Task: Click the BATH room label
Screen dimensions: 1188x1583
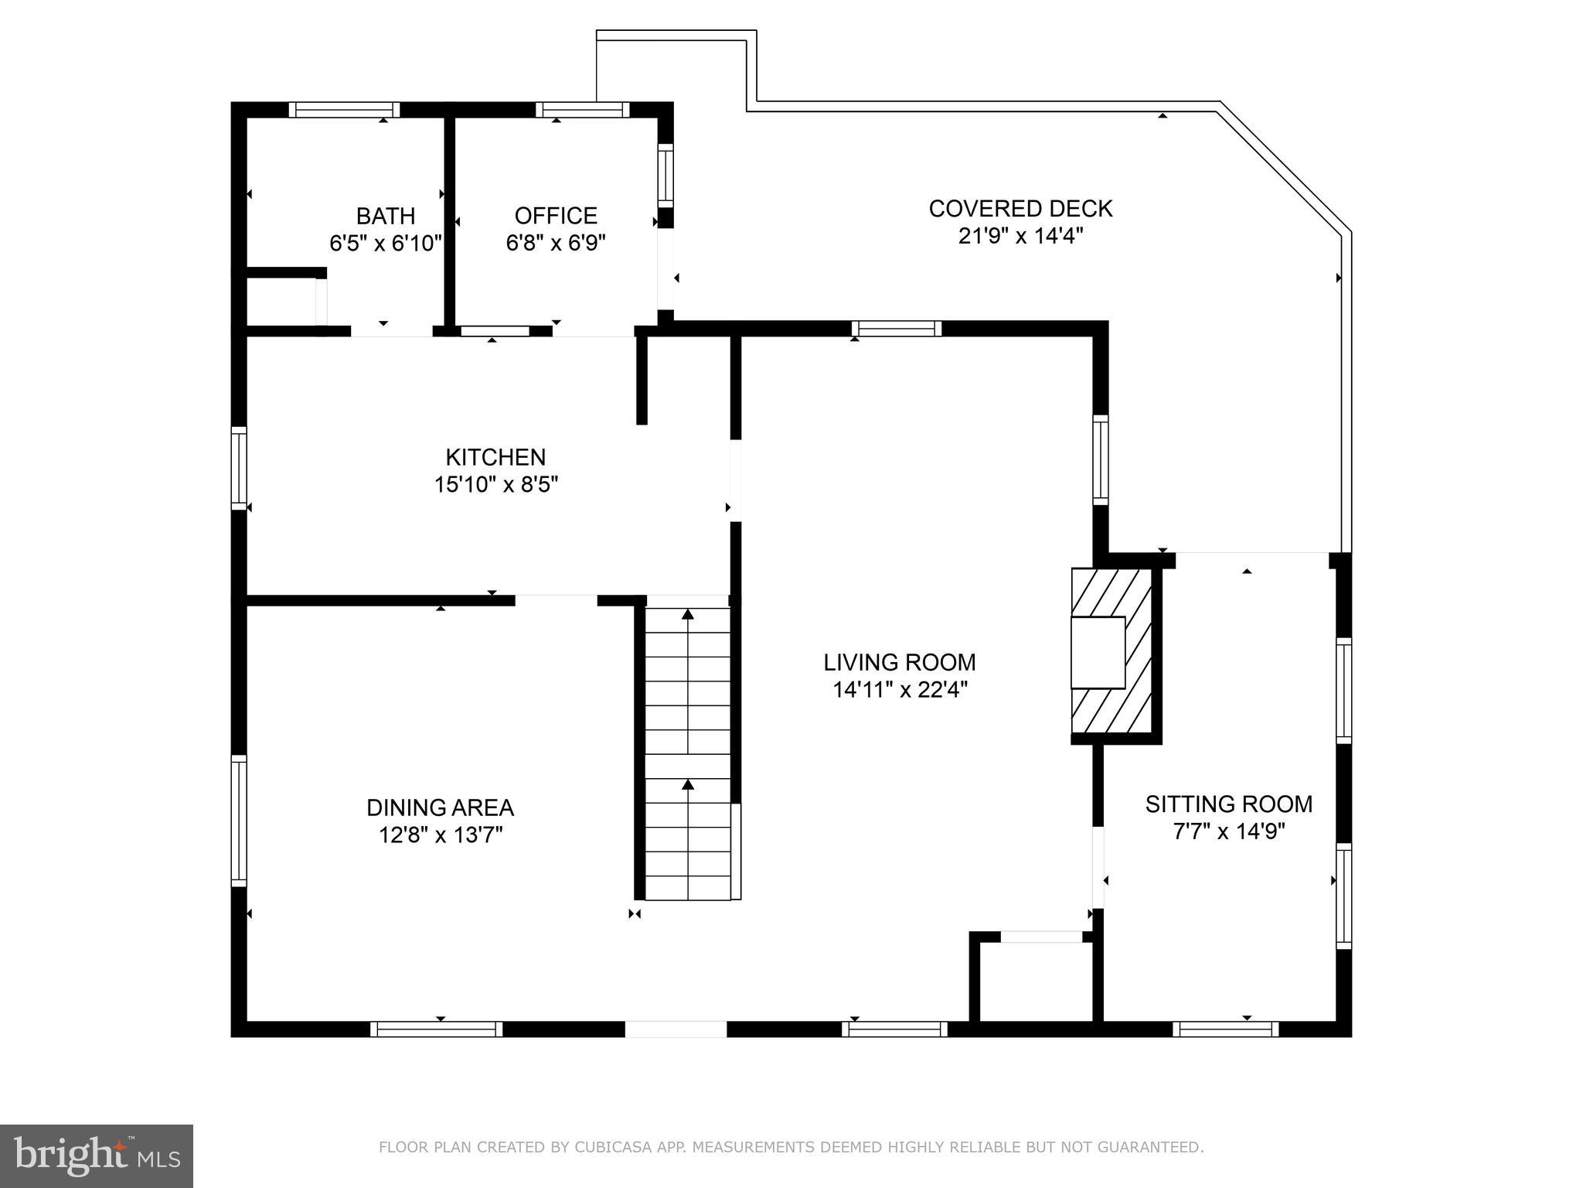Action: point(385,216)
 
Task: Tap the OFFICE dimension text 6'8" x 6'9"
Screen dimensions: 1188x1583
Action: point(555,243)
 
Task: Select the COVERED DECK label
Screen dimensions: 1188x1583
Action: point(1020,209)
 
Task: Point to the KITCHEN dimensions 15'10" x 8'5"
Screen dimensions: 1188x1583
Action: point(495,485)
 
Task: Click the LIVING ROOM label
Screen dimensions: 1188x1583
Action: point(899,663)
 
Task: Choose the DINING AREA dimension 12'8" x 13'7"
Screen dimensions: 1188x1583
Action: point(440,835)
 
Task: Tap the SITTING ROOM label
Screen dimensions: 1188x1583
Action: point(1228,804)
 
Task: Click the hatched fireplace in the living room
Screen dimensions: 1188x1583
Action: point(1112,651)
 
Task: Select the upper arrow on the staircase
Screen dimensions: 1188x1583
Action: point(687,615)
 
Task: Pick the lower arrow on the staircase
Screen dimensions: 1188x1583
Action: point(687,785)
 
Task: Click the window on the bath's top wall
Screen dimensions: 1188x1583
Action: point(345,110)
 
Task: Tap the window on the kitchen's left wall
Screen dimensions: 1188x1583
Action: point(239,468)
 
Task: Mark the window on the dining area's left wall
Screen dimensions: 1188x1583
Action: point(239,821)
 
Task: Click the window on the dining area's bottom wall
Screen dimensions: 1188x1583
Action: point(436,1029)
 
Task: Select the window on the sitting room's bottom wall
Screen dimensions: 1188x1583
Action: point(1225,1029)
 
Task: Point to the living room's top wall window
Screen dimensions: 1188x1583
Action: point(897,329)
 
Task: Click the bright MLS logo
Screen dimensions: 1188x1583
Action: point(97,1156)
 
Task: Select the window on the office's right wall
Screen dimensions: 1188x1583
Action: point(666,175)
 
